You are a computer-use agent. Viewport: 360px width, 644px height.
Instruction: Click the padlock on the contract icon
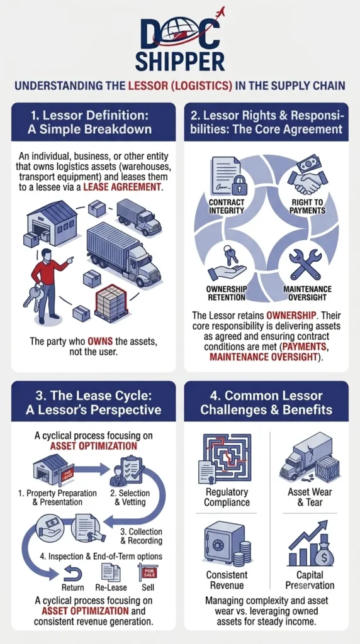237,189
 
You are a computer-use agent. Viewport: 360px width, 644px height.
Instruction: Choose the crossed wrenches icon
306,264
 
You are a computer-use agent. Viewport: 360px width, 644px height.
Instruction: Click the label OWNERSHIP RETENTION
226,293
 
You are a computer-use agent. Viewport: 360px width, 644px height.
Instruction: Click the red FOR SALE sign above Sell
147,572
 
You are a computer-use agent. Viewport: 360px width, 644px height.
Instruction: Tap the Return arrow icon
74,573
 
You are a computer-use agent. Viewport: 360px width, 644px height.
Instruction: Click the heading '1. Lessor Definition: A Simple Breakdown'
93,123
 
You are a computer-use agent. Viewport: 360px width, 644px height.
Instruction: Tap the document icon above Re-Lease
111,572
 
